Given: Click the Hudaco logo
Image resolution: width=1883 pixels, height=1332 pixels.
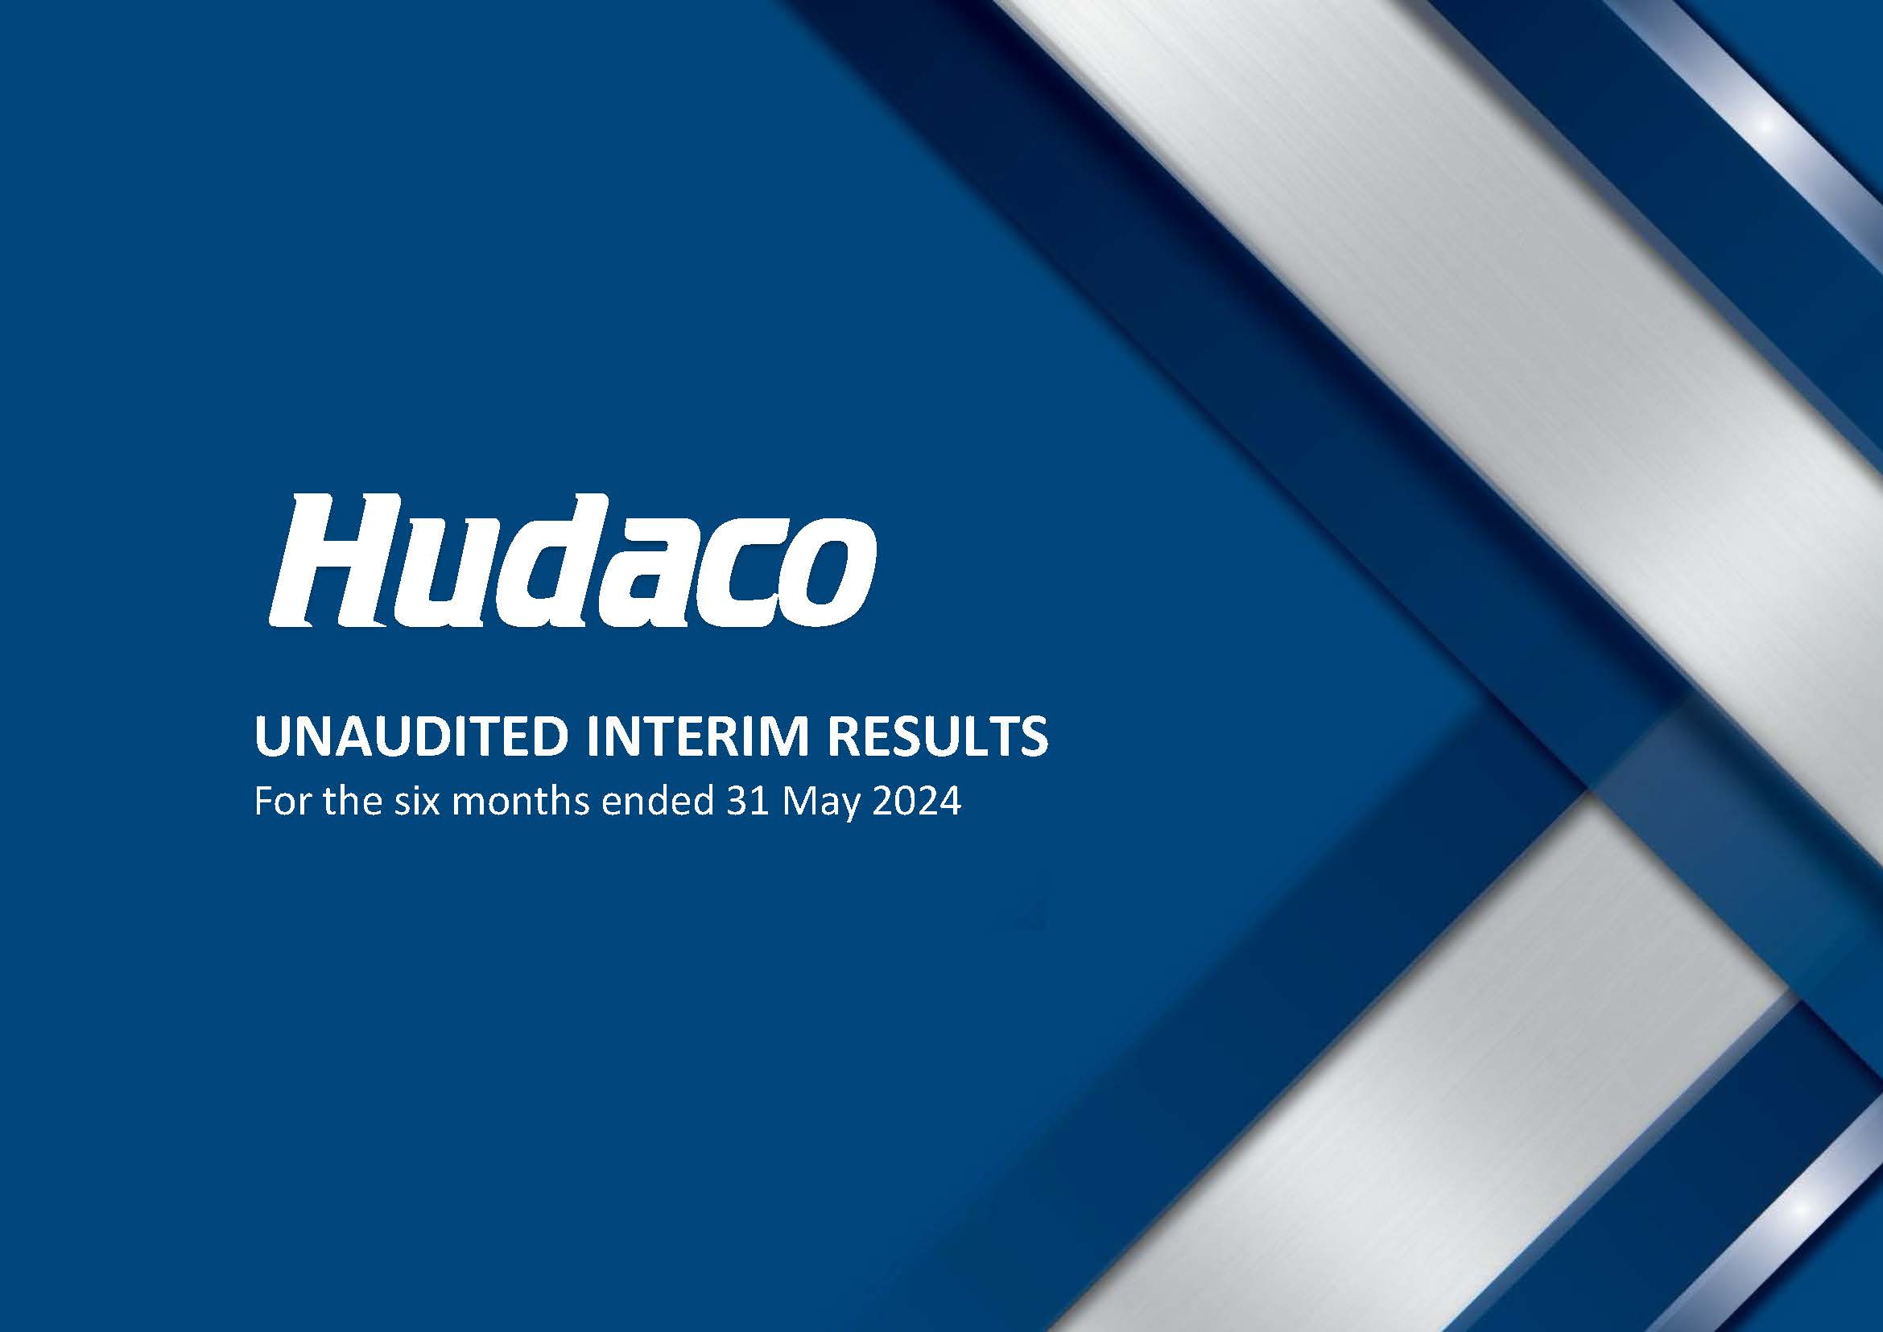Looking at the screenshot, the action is point(572,559).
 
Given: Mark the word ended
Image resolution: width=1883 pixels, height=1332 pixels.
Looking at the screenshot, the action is point(656,802).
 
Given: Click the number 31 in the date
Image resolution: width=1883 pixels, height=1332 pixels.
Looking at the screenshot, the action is point(746,802).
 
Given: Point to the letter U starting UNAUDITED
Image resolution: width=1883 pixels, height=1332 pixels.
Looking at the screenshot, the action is point(272,737).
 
